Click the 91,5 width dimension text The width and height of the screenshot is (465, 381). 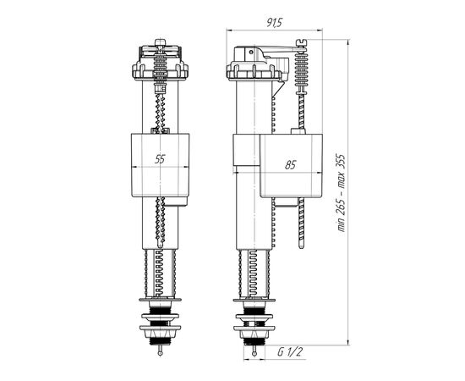pyautogui.click(x=274, y=23)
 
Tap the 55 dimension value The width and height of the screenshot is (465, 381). pyautogui.click(x=160, y=159)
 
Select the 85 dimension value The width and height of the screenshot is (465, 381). pyautogui.click(x=290, y=165)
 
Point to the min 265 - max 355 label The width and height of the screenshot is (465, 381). pyautogui.click(x=342, y=193)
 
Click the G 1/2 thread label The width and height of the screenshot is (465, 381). pyautogui.click(x=290, y=352)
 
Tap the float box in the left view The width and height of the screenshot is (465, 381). pyautogui.click(x=160, y=165)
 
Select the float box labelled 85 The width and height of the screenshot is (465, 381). pyautogui.click(x=291, y=165)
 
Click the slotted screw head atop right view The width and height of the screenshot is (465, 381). pyautogui.click(x=301, y=43)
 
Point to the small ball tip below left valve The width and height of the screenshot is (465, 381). pyautogui.click(x=160, y=353)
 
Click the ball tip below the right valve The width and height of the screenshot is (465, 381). pyautogui.click(x=254, y=354)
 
